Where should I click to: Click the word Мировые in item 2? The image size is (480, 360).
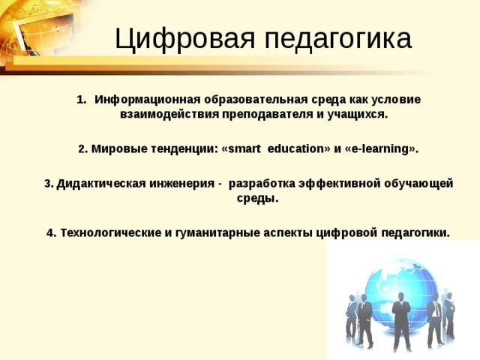pos(114,149)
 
